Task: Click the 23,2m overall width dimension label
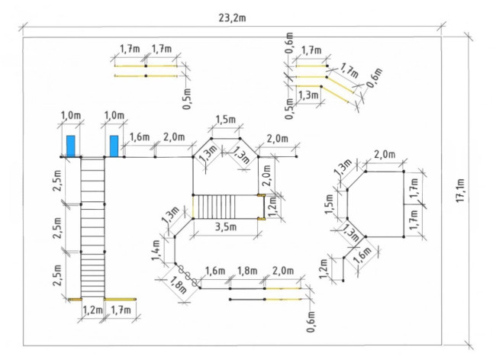click(232, 18)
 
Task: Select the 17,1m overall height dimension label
click(460, 191)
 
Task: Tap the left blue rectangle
click(70, 146)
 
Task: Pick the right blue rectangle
click(114, 146)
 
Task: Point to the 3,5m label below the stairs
click(226, 227)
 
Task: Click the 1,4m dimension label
click(156, 250)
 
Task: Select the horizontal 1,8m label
click(247, 271)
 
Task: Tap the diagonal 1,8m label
click(178, 285)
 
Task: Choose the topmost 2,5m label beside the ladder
click(57, 181)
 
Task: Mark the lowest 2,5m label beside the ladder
click(57, 275)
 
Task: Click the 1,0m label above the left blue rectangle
click(70, 115)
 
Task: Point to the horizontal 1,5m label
click(226, 120)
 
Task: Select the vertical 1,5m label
click(329, 204)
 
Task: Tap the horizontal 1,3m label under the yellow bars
click(308, 95)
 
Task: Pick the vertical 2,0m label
click(266, 175)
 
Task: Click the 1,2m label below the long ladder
click(92, 310)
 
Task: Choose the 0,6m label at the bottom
click(311, 322)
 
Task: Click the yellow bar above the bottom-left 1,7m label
click(121, 299)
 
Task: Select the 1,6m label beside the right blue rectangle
click(140, 137)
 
